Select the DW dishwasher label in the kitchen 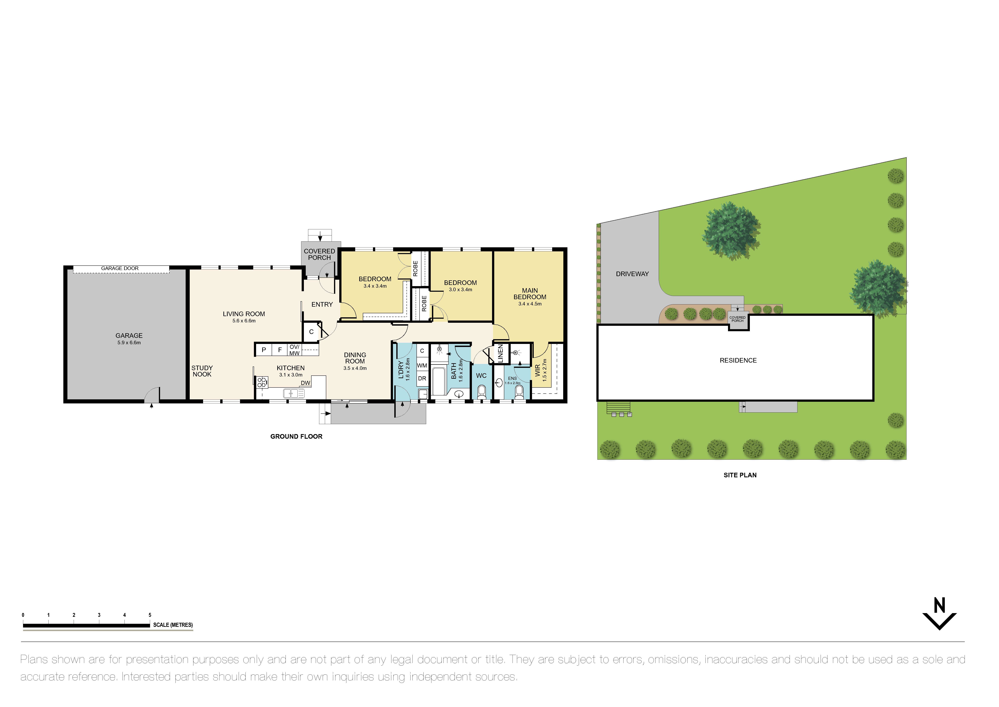pos(305,383)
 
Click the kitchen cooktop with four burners pos(262,382)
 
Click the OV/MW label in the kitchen pos(295,350)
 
